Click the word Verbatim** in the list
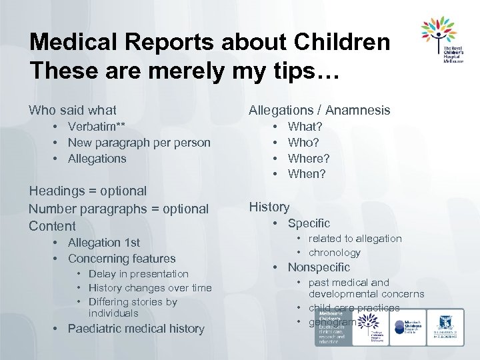coord(97,127)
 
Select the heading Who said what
coord(73,110)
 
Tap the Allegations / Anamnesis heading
coord(319,110)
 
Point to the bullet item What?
coord(305,126)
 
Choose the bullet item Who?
coord(303,142)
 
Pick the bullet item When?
coord(307,174)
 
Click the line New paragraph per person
coord(139,143)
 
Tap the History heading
coord(269,207)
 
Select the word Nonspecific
coord(319,267)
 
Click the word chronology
coord(334,253)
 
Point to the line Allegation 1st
coord(103,243)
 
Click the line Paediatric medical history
coord(136,329)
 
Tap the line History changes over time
coord(149,288)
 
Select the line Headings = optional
coord(87,191)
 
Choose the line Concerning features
coord(121,259)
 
